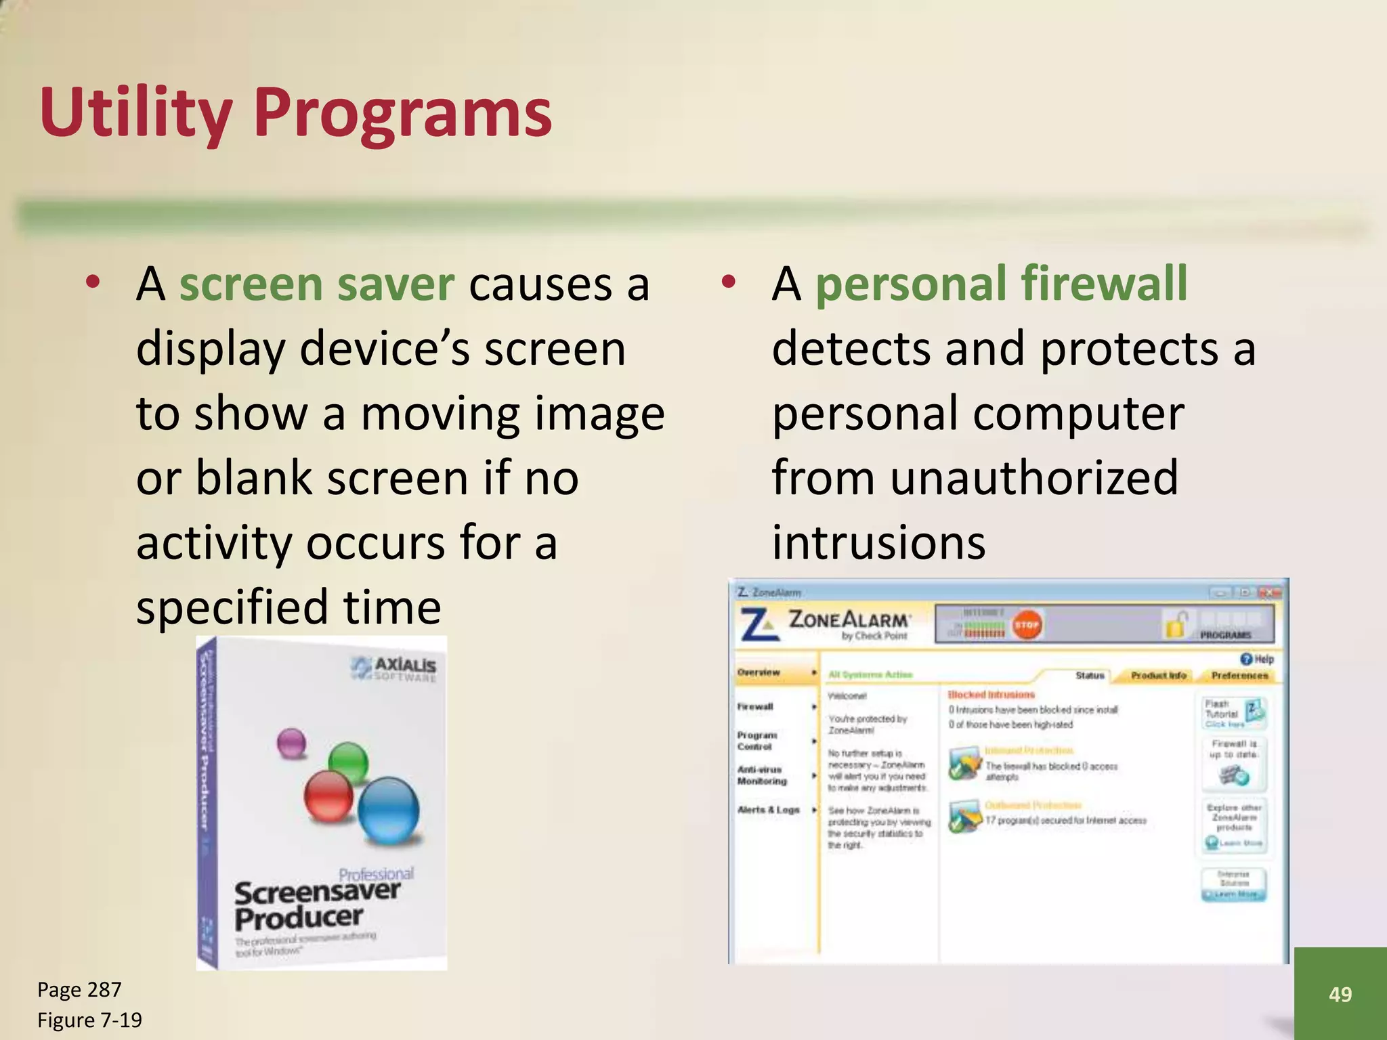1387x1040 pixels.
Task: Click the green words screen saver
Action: (316, 284)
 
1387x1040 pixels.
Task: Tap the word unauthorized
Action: (1033, 478)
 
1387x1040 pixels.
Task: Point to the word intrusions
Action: (878, 542)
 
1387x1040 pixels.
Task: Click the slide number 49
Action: (1340, 994)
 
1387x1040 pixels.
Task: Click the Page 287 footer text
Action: (79, 990)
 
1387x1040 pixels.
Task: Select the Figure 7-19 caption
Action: (89, 1020)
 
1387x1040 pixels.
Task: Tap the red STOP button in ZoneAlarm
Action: (1027, 625)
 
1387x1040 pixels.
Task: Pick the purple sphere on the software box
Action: (292, 743)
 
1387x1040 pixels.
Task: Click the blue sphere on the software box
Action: (388, 810)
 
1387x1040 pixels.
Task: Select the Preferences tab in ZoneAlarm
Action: (1239, 675)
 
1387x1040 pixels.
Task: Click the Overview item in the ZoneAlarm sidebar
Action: (759, 672)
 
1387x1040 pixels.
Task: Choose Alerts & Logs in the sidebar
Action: (769, 810)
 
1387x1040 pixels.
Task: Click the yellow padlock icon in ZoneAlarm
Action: (1177, 624)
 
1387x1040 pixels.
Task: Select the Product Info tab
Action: (1159, 675)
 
